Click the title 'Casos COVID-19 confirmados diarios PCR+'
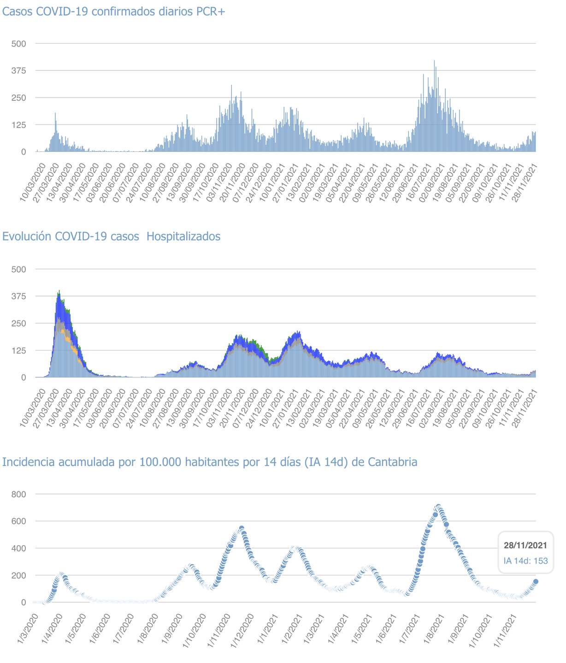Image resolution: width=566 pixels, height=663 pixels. click(114, 12)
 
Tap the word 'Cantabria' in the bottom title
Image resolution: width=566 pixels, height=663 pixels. click(393, 462)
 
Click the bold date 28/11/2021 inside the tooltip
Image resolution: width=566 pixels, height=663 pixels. click(525, 546)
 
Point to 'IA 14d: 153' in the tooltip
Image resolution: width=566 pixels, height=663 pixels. click(525, 561)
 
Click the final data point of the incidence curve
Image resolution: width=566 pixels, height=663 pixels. click(536, 582)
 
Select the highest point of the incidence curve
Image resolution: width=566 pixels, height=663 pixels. click(438, 507)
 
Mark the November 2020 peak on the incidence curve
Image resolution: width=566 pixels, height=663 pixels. click(242, 528)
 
